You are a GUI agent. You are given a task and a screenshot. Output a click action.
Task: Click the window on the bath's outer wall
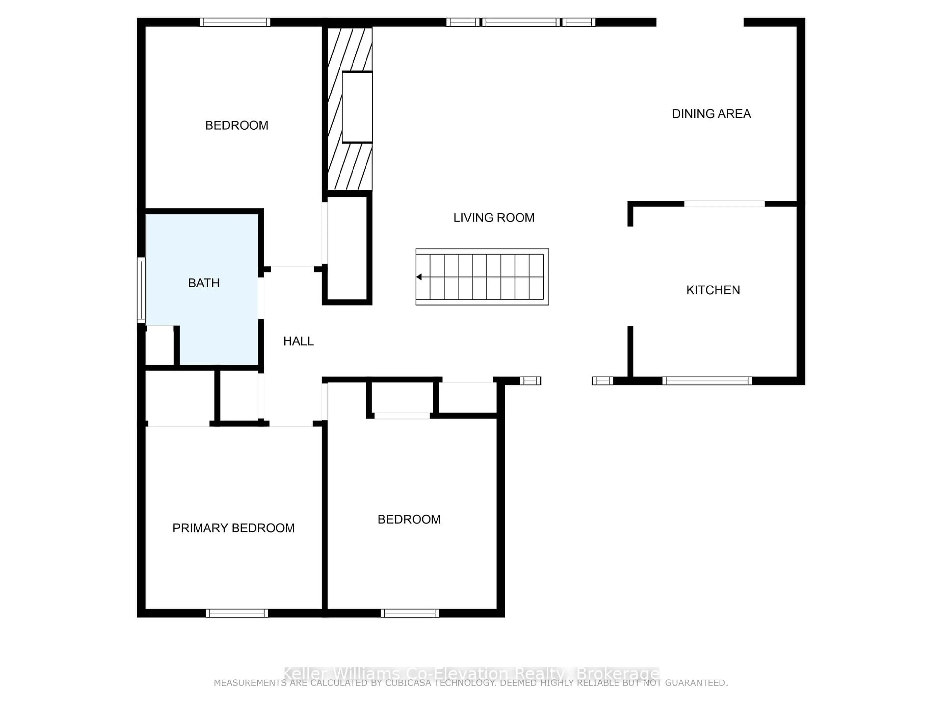pos(141,290)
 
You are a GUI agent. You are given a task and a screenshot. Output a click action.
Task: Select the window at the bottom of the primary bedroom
pos(237,613)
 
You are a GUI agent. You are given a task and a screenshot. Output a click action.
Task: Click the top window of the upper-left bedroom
pos(235,22)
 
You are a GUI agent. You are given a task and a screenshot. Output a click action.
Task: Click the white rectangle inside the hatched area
pos(357,107)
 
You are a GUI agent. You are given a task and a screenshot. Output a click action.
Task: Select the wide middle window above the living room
pos(520,22)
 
